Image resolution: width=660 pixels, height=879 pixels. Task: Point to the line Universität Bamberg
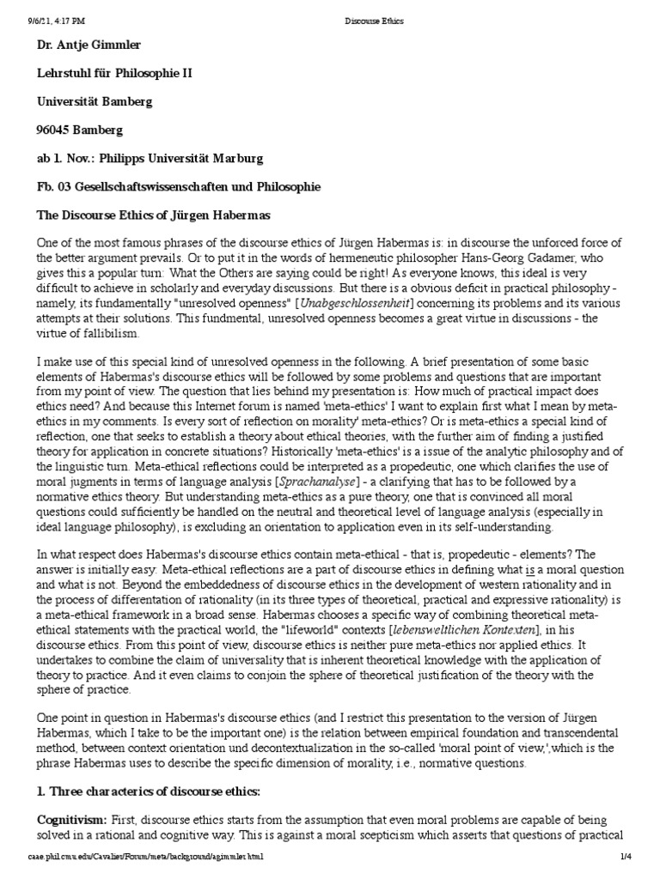coord(95,101)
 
